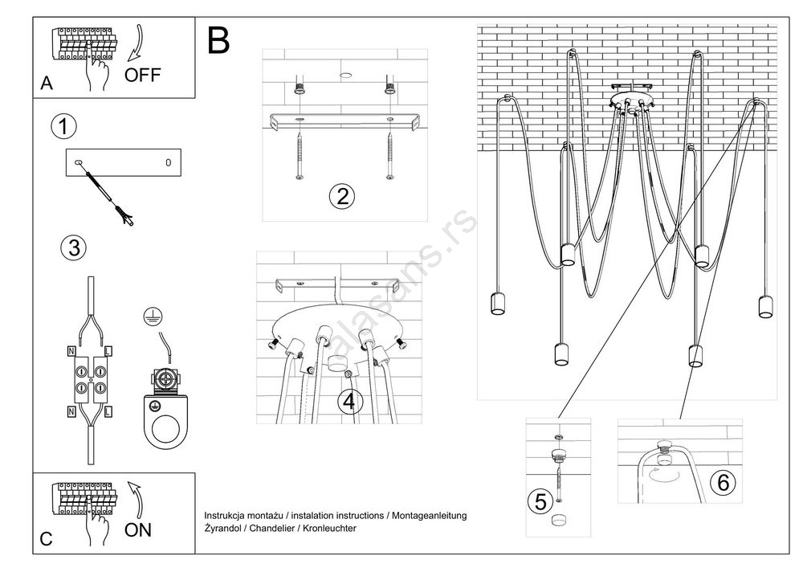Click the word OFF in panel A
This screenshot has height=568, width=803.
pos(143,76)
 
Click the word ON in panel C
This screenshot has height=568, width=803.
pos(138,530)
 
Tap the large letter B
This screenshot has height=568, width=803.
pos(218,40)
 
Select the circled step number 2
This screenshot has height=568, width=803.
pos(342,196)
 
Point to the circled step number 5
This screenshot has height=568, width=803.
pos(540,501)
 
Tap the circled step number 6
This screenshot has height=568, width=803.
pos(723,482)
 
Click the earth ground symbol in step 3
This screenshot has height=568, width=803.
pos(149,316)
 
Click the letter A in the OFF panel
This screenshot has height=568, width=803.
pos(47,84)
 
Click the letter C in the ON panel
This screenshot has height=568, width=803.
pos(46,540)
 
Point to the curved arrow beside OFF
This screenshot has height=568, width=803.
pos(139,43)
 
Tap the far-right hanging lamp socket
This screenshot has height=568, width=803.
pos(764,306)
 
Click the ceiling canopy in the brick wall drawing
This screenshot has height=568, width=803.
pos(632,101)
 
